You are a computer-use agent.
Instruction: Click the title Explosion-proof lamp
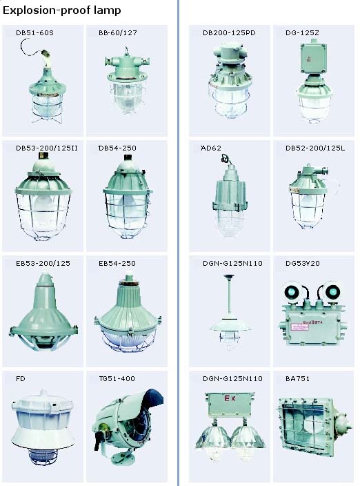(x=61, y=10)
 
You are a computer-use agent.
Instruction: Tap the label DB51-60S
(x=34, y=33)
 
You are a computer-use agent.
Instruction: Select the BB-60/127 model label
(x=118, y=33)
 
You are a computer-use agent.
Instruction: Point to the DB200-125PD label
(x=229, y=33)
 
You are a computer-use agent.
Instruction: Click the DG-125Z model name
(x=302, y=33)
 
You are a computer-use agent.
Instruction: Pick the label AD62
(x=211, y=148)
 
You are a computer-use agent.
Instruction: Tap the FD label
(x=21, y=379)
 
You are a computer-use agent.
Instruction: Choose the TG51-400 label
(x=117, y=379)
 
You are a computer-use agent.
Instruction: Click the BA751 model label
(x=297, y=379)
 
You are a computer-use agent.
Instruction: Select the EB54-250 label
(x=117, y=264)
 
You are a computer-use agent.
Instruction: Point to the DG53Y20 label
(x=303, y=264)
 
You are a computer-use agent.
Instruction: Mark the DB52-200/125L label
(x=315, y=148)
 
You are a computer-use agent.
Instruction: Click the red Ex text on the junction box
(x=230, y=398)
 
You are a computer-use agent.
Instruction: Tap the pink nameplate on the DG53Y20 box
(x=299, y=327)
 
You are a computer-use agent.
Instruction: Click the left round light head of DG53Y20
(x=292, y=291)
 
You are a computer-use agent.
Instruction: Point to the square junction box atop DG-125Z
(x=313, y=58)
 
